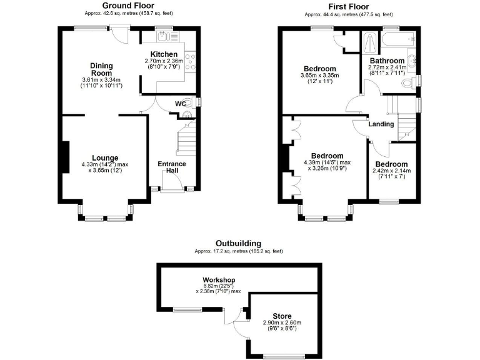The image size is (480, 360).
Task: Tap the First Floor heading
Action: click(347, 5)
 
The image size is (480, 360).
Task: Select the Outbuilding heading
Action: click(238, 243)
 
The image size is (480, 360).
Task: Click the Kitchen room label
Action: click(164, 55)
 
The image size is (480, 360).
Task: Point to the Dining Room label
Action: click(101, 69)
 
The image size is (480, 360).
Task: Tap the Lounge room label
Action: click(105, 157)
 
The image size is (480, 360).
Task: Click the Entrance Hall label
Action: click(171, 167)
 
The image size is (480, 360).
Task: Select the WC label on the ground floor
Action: click(179, 103)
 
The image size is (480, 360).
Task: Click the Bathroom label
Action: click(387, 61)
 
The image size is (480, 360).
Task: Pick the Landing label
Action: click(381, 124)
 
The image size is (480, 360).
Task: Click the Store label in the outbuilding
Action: click(281, 316)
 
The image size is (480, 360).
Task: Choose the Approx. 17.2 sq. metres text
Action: click(238, 251)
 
